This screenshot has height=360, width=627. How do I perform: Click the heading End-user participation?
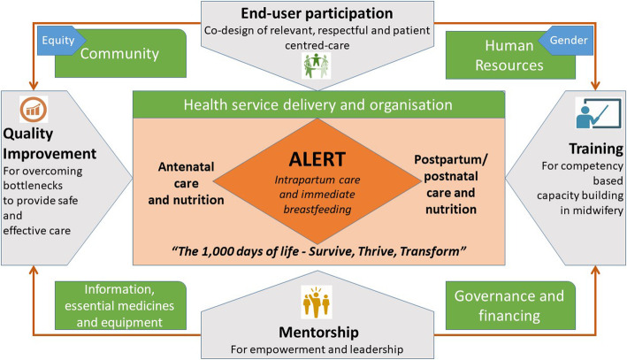313,14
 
